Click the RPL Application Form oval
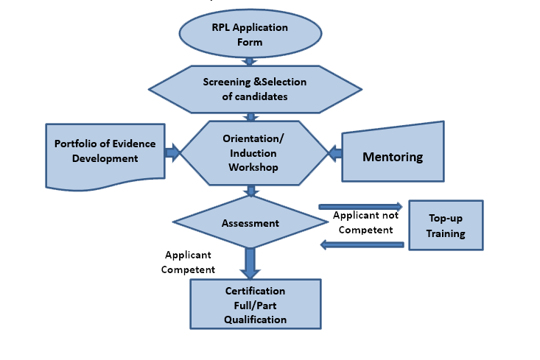pos(250,35)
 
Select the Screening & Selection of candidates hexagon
pos(255,88)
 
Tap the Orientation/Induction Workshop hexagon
pos(253,153)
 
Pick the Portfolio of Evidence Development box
pos(105,153)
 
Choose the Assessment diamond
pos(250,222)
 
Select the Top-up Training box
pos(446,225)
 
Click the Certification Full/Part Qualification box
pos(256,305)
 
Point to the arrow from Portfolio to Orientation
pos(173,153)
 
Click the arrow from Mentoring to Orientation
pos(335,154)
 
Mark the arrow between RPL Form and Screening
pos(250,61)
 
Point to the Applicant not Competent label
pos(365,222)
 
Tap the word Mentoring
pos(393,157)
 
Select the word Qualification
pos(256,319)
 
